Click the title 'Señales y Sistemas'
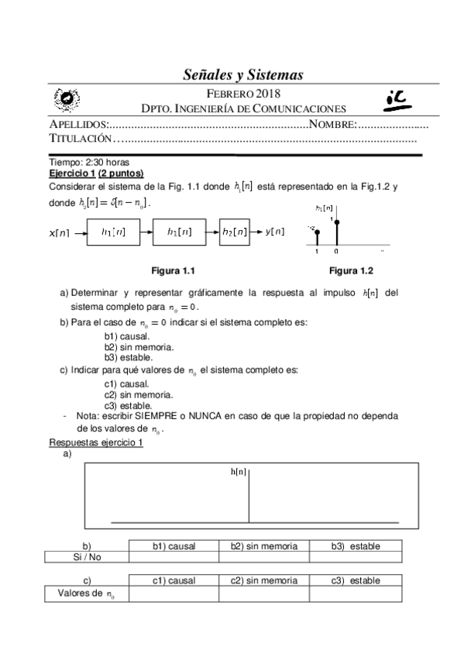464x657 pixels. pyautogui.click(x=242, y=74)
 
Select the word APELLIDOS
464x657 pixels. pyautogui.click(x=77, y=125)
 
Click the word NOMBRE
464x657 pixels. pyautogui.click(x=332, y=125)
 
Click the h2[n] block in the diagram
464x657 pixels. pyautogui.click(x=235, y=231)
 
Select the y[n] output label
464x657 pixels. pyautogui.click(x=275, y=231)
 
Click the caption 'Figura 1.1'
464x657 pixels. pyautogui.click(x=172, y=270)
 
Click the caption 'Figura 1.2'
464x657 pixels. pyautogui.click(x=351, y=270)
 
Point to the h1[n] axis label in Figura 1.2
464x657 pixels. pyautogui.click(x=325, y=208)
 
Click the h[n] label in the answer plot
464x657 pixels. pyautogui.click(x=239, y=471)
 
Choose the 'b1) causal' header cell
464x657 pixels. pyautogui.click(x=174, y=546)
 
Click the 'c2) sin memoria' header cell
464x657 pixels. pyautogui.click(x=263, y=580)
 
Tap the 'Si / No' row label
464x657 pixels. pyautogui.click(x=86, y=556)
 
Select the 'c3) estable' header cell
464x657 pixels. pyautogui.click(x=356, y=580)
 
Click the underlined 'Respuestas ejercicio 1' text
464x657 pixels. pyautogui.click(x=95, y=442)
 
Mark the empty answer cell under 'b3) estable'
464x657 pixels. pyautogui.click(x=356, y=556)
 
